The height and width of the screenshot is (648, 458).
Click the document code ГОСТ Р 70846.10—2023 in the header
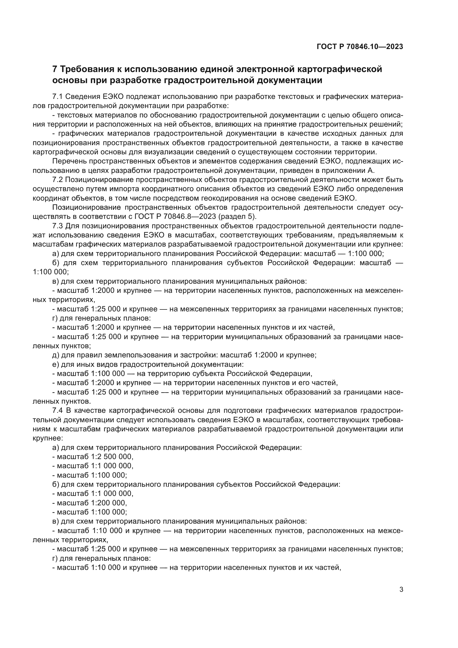pos(360,47)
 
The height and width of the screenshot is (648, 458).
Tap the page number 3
pos(401,590)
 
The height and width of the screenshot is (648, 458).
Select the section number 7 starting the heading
pos(55,69)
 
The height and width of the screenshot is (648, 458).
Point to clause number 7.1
pos(58,96)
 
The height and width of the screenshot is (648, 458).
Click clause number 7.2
pos(58,180)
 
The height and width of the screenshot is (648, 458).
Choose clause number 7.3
pos(58,226)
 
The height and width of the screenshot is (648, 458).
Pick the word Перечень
pos(70,162)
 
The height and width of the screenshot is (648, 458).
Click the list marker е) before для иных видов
pos(56,364)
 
